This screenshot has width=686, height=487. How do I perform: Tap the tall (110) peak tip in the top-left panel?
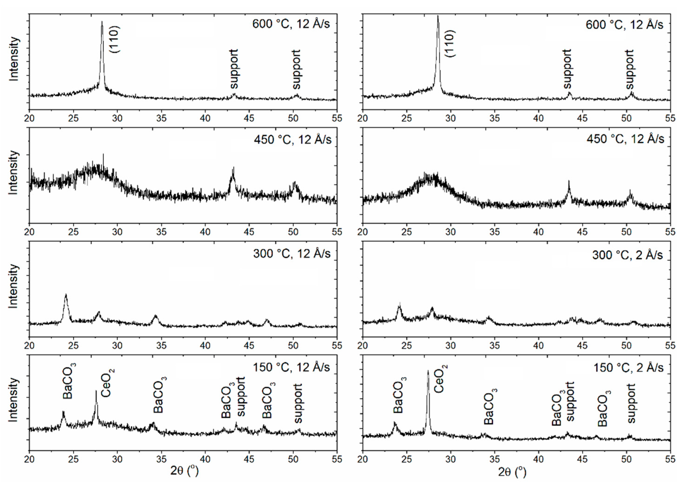pos(102,22)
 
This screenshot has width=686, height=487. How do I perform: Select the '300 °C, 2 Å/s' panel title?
pos(627,255)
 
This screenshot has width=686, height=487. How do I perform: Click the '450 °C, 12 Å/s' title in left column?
pos(293,139)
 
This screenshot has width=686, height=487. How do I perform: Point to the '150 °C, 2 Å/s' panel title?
pos(628,368)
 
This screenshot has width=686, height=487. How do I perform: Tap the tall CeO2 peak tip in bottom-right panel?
pos(428,371)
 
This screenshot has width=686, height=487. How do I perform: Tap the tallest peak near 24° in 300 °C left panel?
pos(66,295)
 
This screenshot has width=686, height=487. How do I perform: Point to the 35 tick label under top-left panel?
pos(161,118)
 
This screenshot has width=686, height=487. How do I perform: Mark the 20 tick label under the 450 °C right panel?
pos(363,232)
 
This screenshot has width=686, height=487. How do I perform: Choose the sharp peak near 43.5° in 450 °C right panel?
pos(569,181)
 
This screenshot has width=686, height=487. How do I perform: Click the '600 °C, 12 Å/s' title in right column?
pos(624,25)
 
